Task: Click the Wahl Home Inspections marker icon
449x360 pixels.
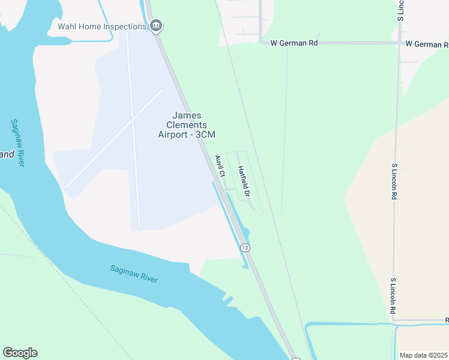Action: [x=156, y=26]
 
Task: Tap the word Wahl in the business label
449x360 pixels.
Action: [x=67, y=26]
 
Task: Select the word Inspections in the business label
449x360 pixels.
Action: [x=125, y=26]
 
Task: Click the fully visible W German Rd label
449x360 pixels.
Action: [x=294, y=43]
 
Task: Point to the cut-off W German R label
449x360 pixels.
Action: [x=427, y=44]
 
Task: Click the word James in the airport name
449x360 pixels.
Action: [x=187, y=115]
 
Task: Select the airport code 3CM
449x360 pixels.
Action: [x=205, y=134]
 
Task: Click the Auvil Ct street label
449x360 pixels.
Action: [x=219, y=166]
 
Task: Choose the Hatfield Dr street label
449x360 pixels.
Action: [x=243, y=182]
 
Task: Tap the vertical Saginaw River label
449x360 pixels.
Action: [x=17, y=143]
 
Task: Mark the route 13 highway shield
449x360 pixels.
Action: [x=244, y=247]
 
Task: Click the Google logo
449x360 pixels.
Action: [x=20, y=353]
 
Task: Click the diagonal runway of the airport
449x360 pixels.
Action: [x=114, y=139]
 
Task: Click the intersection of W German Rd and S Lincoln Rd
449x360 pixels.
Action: [x=400, y=43]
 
